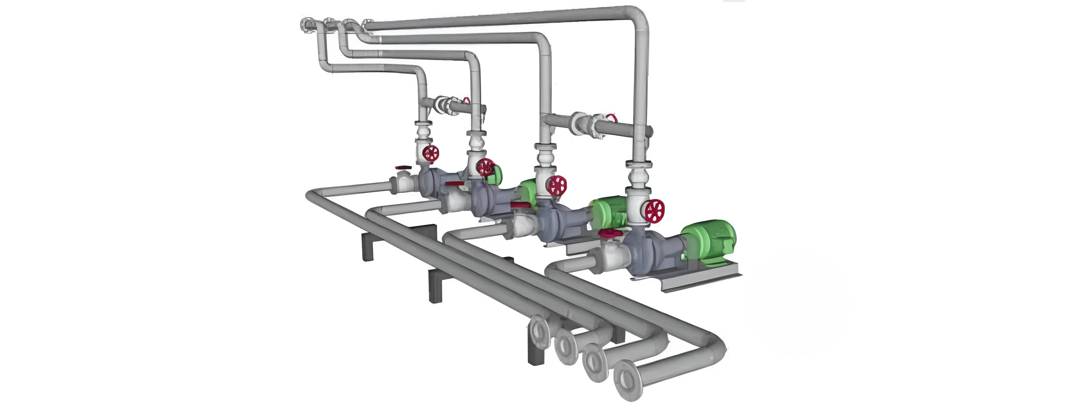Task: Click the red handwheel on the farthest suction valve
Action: click(110, 167)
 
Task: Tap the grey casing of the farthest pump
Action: click(137, 185)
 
